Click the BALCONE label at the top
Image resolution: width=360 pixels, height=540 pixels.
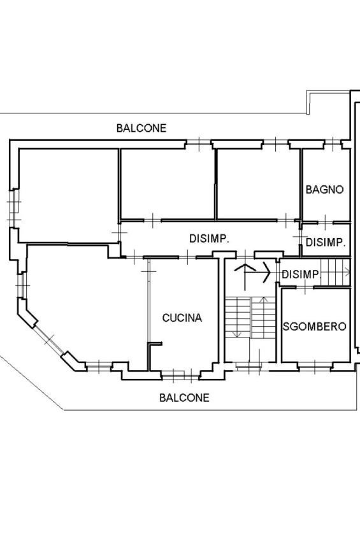(x=141, y=128)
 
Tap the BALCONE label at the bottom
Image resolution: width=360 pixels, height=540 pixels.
(x=184, y=398)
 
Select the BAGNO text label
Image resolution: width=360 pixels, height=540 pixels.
(x=324, y=189)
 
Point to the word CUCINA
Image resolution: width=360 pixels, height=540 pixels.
(x=182, y=318)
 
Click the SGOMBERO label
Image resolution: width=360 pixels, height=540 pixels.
(x=314, y=327)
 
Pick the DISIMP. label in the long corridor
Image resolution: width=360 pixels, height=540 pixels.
(x=210, y=239)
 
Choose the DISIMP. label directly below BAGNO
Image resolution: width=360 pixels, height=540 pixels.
(x=326, y=243)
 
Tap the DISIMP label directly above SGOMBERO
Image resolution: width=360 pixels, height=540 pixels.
(x=300, y=274)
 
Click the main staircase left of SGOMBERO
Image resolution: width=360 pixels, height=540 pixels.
(x=248, y=318)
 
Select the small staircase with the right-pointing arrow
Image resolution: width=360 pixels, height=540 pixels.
(x=334, y=273)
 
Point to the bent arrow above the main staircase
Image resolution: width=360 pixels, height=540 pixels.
(x=252, y=273)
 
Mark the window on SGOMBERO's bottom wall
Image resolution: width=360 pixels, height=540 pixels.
(x=316, y=366)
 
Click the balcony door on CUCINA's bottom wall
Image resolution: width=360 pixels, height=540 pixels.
(x=175, y=374)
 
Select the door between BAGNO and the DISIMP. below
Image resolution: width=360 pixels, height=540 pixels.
(x=325, y=222)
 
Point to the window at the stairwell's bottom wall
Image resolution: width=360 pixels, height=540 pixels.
(x=248, y=366)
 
